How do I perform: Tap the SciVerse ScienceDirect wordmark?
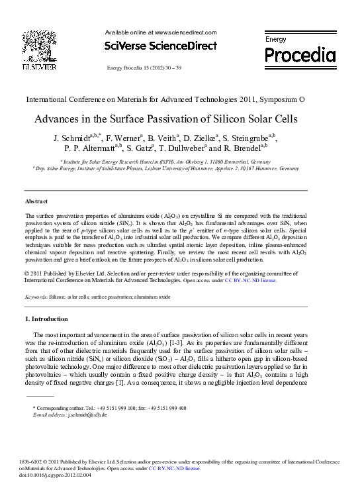[161, 46]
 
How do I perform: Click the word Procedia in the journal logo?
[300, 54]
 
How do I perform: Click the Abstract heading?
[36, 201]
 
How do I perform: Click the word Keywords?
[36, 297]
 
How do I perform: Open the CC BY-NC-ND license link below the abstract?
[251, 280]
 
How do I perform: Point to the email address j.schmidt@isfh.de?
[83, 415]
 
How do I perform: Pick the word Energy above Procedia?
[276, 40]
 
